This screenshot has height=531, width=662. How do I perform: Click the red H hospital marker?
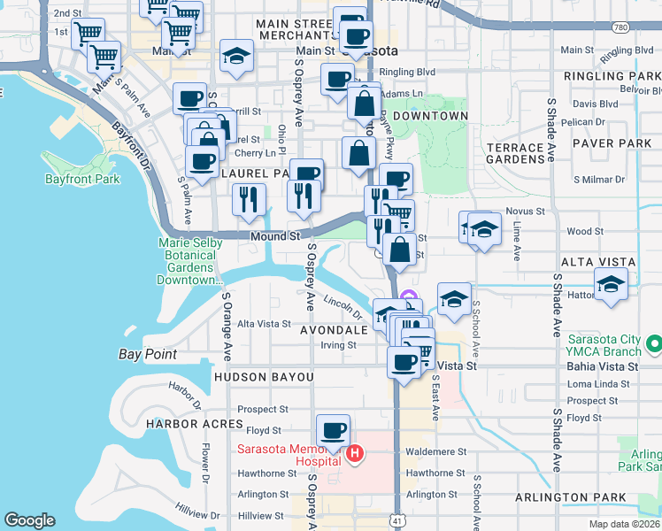point(355,454)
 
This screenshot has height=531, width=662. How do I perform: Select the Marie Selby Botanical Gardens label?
point(186,261)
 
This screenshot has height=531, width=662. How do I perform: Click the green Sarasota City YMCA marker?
point(655,342)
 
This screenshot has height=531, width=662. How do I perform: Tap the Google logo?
point(29,520)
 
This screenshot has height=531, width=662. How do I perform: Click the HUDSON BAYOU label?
point(263,377)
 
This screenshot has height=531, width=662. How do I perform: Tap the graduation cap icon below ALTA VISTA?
point(610,284)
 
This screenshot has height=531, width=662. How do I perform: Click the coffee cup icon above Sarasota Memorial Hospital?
point(333,431)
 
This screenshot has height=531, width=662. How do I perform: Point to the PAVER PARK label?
point(612,142)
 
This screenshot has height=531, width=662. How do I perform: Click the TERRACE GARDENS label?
point(515,153)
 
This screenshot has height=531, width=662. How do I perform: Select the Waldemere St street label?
point(436,450)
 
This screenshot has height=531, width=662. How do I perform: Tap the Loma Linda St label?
point(593,384)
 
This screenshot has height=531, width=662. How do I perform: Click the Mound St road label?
point(274,237)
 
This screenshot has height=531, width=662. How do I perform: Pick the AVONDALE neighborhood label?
point(333,329)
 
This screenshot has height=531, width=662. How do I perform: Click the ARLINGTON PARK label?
point(587,497)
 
